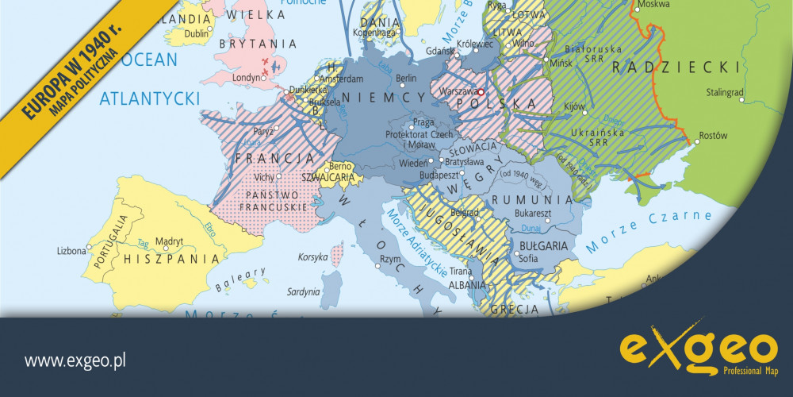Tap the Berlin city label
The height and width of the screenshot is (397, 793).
(x=406, y=78)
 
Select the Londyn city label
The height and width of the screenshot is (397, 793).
(x=247, y=78)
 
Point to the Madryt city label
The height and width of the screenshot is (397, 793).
(x=169, y=241)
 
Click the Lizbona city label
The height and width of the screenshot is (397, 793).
(x=71, y=251)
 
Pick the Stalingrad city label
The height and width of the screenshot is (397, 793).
(x=726, y=92)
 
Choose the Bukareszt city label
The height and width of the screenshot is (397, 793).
(x=531, y=214)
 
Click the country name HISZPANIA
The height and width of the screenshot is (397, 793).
(x=171, y=259)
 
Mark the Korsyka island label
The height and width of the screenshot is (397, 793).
(x=313, y=257)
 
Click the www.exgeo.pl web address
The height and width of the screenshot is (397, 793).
(x=75, y=361)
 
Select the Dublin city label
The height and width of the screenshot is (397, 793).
(x=196, y=33)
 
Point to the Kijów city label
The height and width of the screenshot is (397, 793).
(x=573, y=106)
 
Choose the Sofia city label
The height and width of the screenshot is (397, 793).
(x=528, y=258)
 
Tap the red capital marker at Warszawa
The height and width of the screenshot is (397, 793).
(x=481, y=91)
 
